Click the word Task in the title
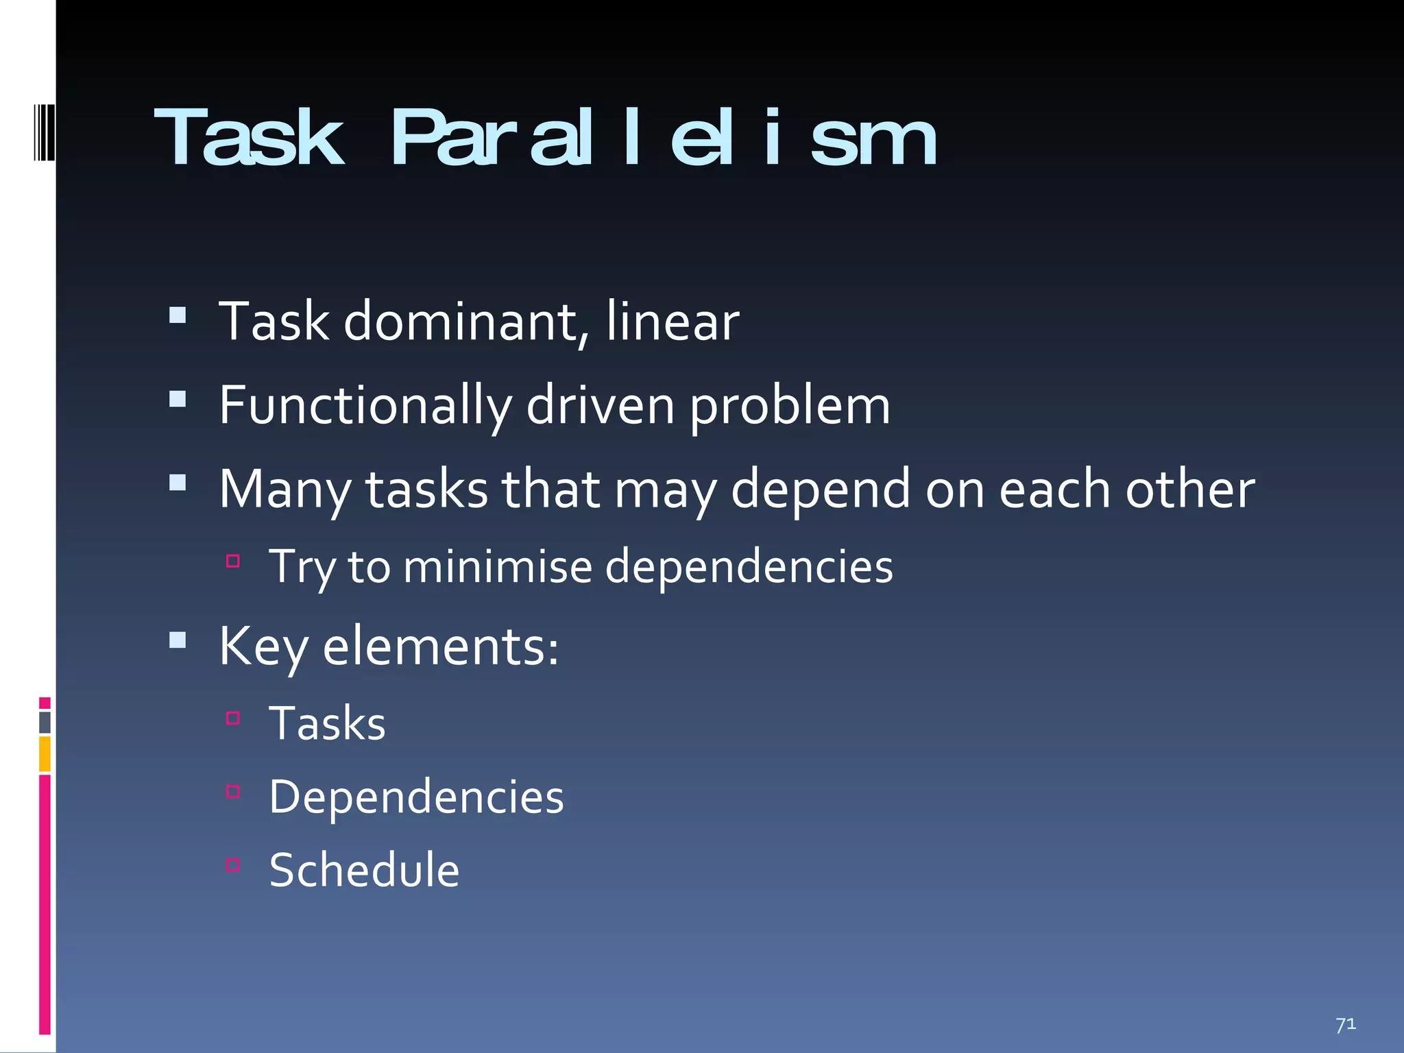[248, 138]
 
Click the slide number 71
[1345, 1024]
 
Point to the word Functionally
[365, 406]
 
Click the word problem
[790, 406]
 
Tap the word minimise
[498, 567]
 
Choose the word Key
[263, 646]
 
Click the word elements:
[441, 646]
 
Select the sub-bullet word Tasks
[327, 723]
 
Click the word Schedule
[364, 870]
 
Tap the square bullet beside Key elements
[178, 640]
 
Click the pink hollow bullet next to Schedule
[233, 864]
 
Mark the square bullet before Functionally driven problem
[178, 399]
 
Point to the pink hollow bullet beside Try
[233, 561]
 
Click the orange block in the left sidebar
[45, 754]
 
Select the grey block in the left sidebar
[45, 723]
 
